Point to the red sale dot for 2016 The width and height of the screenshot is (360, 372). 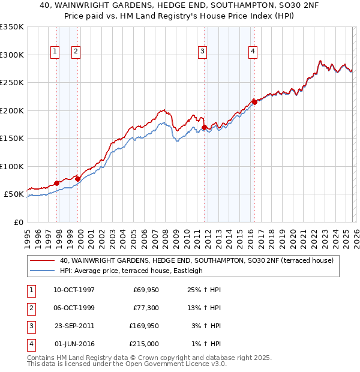pos(254,102)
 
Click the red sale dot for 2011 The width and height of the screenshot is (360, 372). pos(205,127)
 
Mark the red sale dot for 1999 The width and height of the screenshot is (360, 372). pos(77,179)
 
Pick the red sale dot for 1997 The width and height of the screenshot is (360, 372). pos(56,183)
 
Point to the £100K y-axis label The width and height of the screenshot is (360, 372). pos(12,166)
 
